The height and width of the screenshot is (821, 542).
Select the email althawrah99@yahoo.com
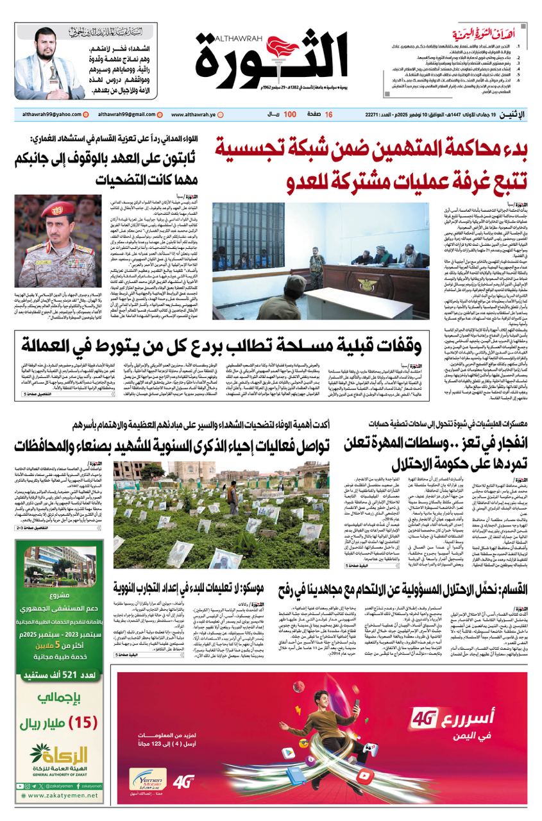pyautogui.click(x=49, y=115)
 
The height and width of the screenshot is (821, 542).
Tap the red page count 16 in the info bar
pyautogui.click(x=328, y=115)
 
